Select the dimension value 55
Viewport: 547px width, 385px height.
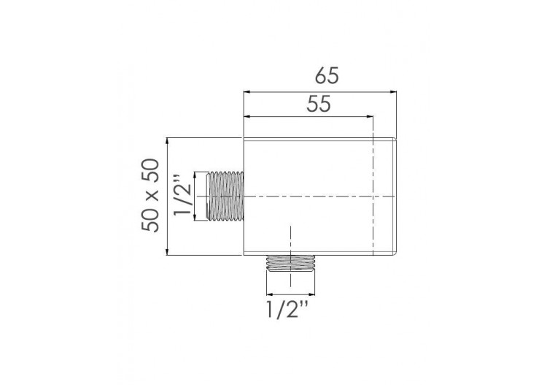[319, 104]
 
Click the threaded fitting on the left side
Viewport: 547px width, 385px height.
[225, 196]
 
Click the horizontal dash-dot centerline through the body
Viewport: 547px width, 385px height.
[321, 197]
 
